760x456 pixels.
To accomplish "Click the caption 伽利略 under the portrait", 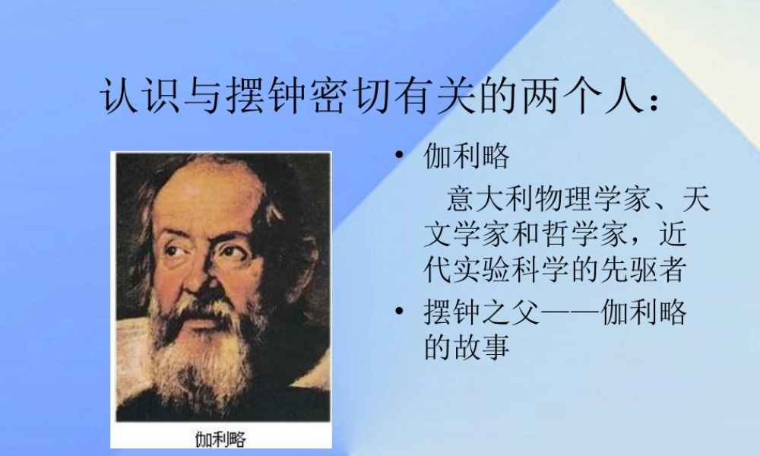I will click(x=220, y=439).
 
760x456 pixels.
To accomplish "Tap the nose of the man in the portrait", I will click(x=199, y=274).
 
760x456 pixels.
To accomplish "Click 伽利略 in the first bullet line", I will click(x=466, y=157).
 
